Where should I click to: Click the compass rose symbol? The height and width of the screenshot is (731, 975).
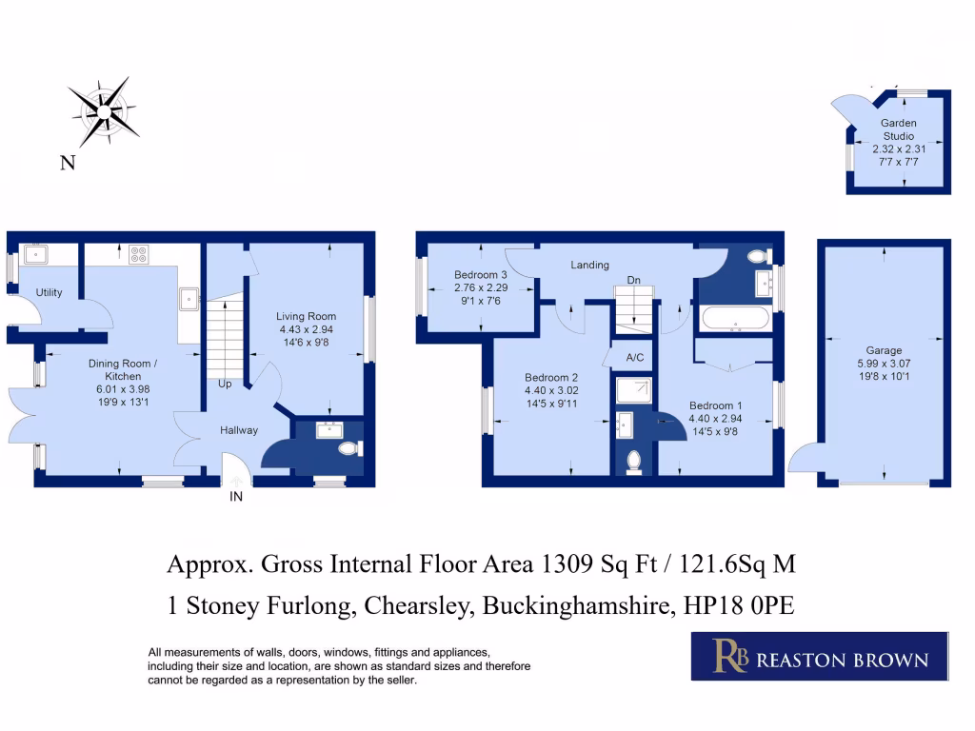tap(102, 112)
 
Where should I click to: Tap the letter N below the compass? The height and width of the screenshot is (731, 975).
tap(68, 164)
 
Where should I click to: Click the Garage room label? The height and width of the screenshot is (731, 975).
tap(884, 350)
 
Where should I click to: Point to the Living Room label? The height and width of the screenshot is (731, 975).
tap(306, 317)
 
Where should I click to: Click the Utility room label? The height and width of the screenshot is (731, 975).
tap(50, 292)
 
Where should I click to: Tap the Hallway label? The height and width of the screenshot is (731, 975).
tap(238, 430)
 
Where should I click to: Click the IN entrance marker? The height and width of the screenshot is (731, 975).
tap(235, 497)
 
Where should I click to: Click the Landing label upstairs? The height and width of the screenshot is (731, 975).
tap(589, 265)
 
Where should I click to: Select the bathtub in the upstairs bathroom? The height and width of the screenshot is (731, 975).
tap(736, 319)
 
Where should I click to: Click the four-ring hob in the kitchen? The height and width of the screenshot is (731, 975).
tap(139, 254)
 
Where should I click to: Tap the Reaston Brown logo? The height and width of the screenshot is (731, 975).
tap(819, 657)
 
